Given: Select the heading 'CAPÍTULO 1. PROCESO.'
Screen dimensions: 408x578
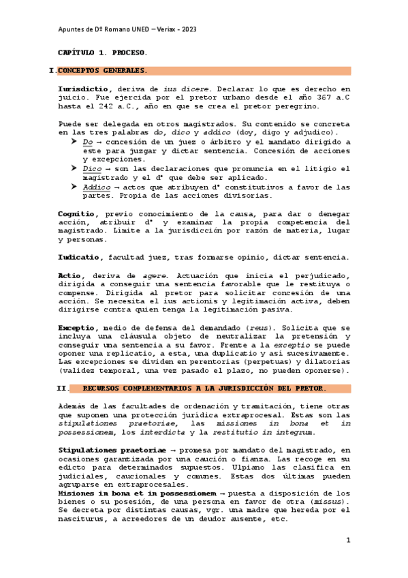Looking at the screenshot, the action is pyautogui.click(x=102, y=52).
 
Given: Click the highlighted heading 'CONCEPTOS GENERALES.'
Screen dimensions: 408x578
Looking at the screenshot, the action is pyautogui.click(x=102, y=70).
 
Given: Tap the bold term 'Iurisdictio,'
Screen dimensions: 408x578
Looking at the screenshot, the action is pyautogui.click(x=85, y=89).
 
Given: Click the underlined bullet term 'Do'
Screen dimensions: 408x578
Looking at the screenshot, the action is pyautogui.click(x=87, y=142).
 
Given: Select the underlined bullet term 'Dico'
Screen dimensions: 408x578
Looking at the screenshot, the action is pyautogui.click(x=91, y=168).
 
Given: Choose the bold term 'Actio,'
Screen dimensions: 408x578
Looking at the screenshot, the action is pyautogui.click(x=70, y=275).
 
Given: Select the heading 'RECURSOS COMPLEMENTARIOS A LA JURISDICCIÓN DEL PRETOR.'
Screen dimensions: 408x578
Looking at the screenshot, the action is pyautogui.click(x=204, y=389).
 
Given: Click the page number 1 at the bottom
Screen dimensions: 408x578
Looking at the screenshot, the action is pyautogui.click(x=347, y=541).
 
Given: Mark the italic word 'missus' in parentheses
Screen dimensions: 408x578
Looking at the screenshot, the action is pyautogui.click(x=332, y=502).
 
